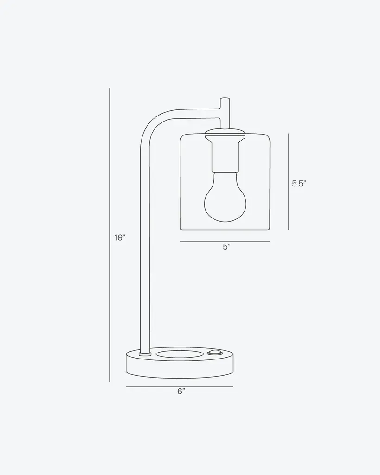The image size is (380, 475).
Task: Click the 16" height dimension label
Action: click(120, 238)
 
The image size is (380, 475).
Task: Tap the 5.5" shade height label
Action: click(299, 184)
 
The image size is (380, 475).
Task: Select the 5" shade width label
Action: click(227, 247)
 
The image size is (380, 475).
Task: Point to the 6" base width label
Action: click(181, 392)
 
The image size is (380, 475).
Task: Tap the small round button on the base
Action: click(214, 353)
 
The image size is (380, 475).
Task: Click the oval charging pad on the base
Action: click(180, 354)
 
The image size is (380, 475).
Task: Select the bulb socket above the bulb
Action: click(225, 154)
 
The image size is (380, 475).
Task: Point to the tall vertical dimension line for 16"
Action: click(109, 235)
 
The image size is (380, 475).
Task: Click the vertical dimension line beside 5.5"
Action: click(288, 181)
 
